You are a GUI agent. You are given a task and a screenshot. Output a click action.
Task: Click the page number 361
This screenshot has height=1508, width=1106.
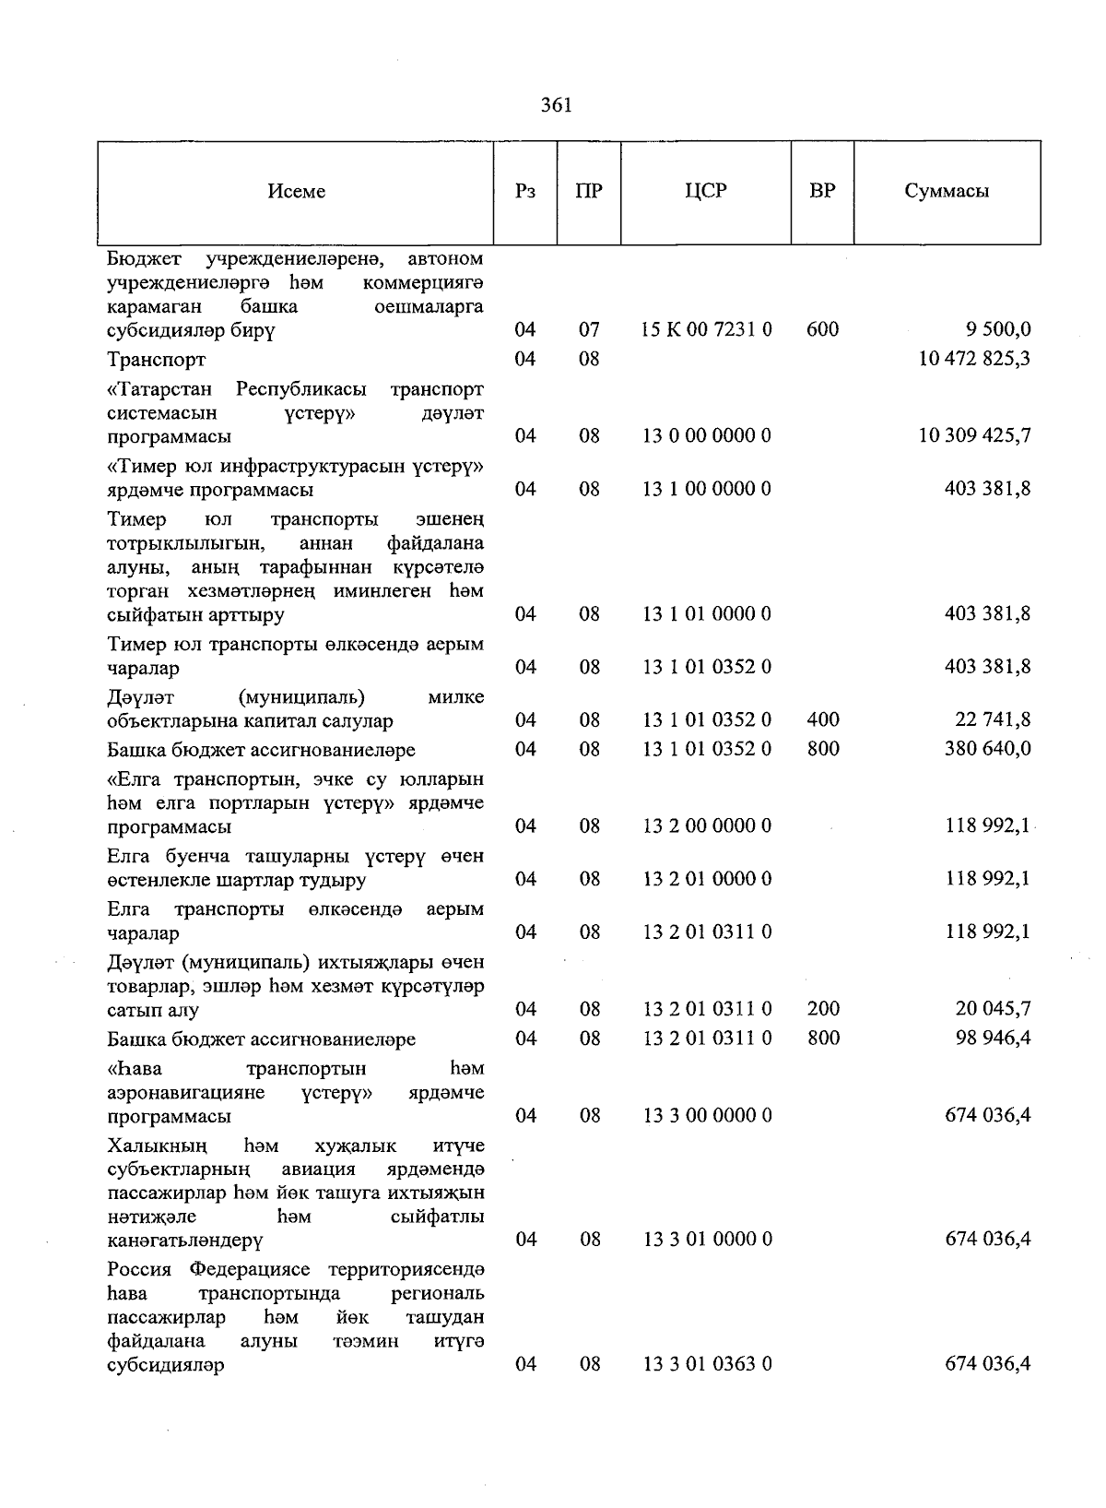557,105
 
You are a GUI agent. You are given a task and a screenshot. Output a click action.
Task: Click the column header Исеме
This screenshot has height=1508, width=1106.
297,192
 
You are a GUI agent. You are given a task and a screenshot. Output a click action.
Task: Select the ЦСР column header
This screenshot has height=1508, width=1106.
706,192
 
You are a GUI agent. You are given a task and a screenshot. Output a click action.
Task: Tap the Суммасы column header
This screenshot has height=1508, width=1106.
947,192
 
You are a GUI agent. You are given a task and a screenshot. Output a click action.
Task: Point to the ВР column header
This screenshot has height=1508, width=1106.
822,192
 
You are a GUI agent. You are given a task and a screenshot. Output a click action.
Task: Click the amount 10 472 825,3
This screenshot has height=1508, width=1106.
974,359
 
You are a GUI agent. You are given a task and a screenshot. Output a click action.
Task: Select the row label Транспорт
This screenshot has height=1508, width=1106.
156,360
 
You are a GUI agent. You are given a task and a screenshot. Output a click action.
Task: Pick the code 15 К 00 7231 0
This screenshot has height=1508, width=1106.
706,329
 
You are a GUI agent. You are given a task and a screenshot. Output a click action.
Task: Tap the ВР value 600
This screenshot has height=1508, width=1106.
822,329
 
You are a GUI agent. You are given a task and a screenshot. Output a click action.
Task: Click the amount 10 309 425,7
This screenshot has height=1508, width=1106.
974,435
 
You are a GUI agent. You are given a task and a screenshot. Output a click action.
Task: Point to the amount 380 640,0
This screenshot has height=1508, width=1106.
988,749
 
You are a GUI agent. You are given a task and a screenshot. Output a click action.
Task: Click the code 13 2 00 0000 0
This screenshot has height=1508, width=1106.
706,825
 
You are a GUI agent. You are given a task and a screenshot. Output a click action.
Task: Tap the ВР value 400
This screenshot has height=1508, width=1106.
822,719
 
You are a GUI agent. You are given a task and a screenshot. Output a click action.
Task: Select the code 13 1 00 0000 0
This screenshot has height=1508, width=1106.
706,489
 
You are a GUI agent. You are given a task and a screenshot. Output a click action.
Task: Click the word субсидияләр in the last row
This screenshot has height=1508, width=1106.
165,1365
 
